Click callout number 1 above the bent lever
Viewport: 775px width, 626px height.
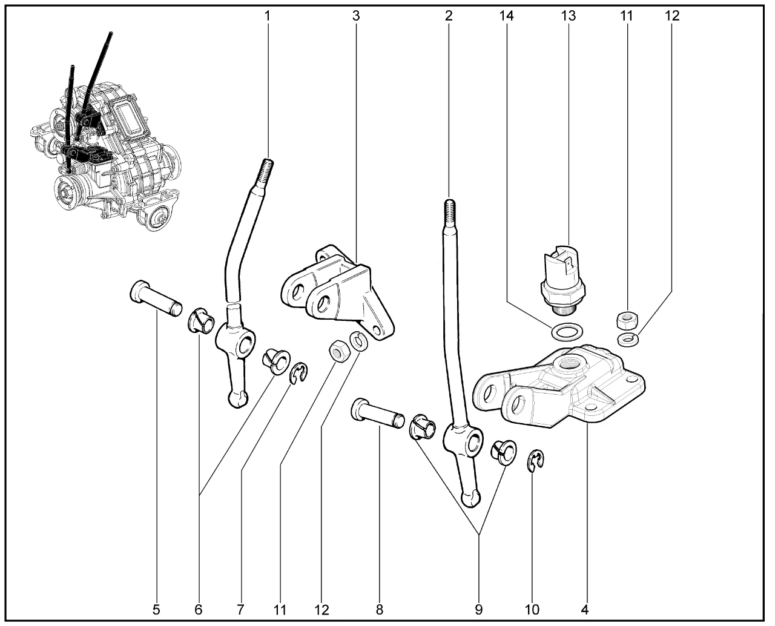267,16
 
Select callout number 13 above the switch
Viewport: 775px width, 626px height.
567,16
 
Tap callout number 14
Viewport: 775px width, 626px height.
506,16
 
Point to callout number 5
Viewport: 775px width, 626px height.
156,610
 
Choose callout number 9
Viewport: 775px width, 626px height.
479,610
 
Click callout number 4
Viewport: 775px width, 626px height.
585,610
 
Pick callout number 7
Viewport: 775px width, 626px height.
240,610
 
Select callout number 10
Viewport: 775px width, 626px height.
532,610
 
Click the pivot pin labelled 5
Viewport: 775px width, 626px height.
156,298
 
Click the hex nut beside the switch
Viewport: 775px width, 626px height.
625,318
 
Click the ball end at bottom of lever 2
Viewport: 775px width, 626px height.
471,498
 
